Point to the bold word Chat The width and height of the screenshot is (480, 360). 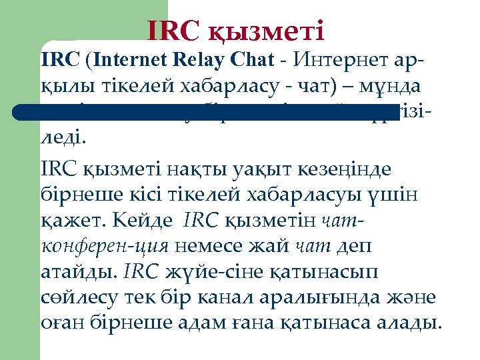click(x=248, y=61)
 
